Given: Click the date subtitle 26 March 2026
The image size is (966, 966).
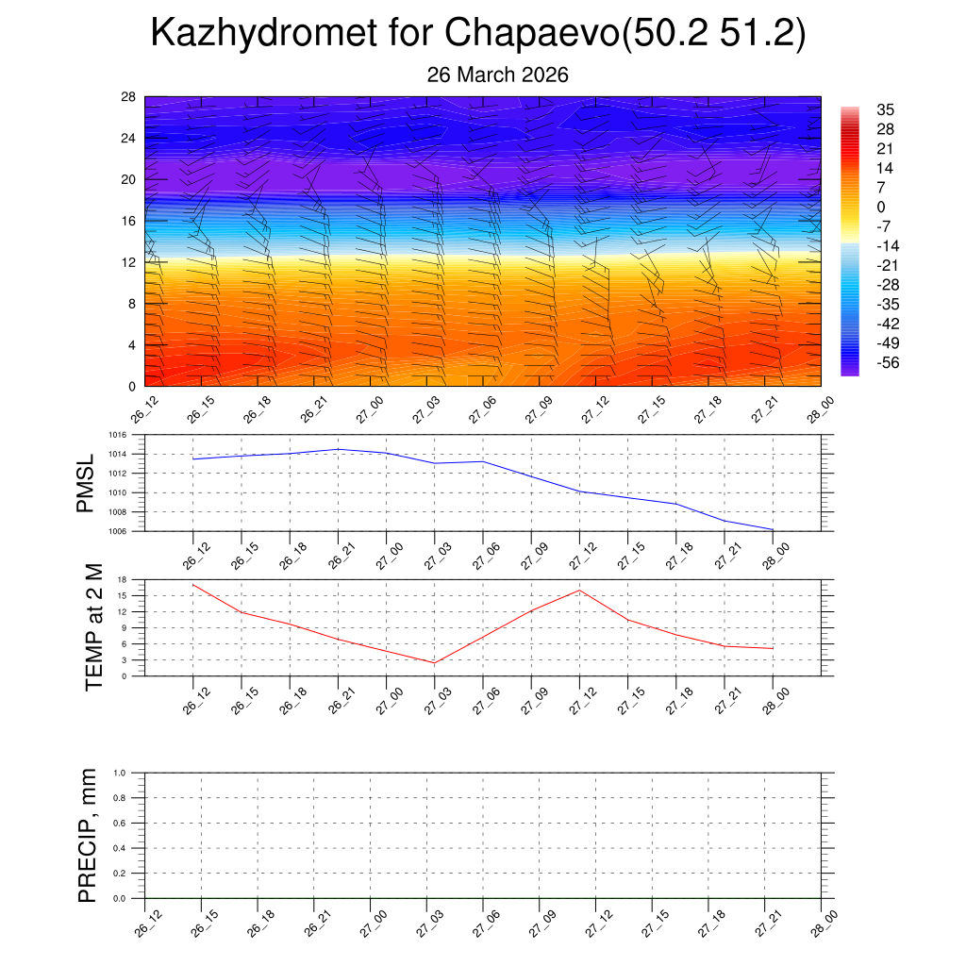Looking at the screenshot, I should pyautogui.click(x=497, y=75).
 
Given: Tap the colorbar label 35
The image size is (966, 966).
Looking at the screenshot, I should pyautogui.click(x=885, y=108).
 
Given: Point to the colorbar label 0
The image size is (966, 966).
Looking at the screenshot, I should pyautogui.click(x=881, y=208).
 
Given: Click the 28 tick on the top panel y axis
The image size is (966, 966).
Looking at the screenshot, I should pyautogui.click(x=129, y=97).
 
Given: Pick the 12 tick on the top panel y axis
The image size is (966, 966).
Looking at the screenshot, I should pyautogui.click(x=129, y=262).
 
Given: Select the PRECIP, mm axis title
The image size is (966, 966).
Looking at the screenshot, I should pyautogui.click(x=88, y=836).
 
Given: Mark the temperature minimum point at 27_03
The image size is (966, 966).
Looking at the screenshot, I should pyautogui.click(x=435, y=663).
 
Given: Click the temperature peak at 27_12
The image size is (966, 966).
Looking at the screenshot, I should pyautogui.click(x=579, y=591).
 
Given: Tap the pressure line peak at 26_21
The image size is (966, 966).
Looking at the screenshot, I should pyautogui.click(x=338, y=449).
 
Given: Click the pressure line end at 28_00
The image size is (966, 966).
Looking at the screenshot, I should pyautogui.click(x=773, y=529).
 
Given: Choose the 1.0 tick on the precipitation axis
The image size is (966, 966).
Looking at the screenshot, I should pyautogui.click(x=120, y=773).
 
